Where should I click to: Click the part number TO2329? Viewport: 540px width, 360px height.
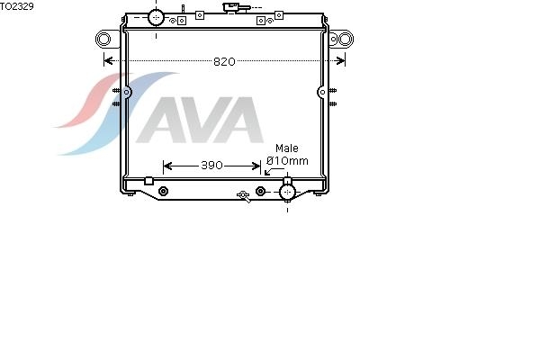pyautogui.click(x=17, y=6)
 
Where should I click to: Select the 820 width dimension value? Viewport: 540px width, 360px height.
pyautogui.click(x=224, y=62)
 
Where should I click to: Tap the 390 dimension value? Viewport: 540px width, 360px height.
pyautogui.click(x=211, y=166)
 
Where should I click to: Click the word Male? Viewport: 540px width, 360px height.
pyautogui.click(x=287, y=148)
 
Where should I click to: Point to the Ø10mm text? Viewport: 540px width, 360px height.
pyautogui.click(x=288, y=160)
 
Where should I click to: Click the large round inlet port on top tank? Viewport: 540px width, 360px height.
pyautogui.click(x=156, y=17)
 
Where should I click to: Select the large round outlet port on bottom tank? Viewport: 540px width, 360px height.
pyautogui.click(x=288, y=192)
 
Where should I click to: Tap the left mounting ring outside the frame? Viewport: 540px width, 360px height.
pyautogui.click(x=103, y=39)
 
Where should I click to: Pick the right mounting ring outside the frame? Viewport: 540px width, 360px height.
pyautogui.click(x=346, y=39)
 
